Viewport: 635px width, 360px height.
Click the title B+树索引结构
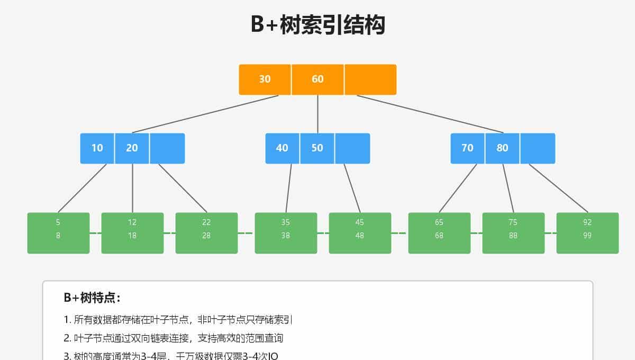coord(317,25)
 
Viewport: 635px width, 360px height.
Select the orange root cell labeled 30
coord(265,79)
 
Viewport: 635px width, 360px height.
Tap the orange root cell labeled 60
coord(317,79)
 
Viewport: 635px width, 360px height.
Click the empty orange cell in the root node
coord(370,79)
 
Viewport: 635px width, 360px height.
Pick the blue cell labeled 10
coord(97,148)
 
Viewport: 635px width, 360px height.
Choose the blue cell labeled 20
coord(132,148)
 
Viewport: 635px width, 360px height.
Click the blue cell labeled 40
coord(282,148)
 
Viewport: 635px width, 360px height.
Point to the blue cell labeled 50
coord(317,148)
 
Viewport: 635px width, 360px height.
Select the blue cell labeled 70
coord(467,148)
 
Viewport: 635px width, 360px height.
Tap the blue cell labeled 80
coord(502,148)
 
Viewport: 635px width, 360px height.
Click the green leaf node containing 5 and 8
coord(58,233)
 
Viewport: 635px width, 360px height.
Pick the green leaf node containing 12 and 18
coord(132,233)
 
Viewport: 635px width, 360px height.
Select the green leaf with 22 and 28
coord(206,233)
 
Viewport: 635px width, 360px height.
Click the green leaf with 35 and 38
coord(286,233)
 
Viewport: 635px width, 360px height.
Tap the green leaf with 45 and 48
coord(360,233)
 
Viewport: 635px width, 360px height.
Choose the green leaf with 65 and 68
coord(439,233)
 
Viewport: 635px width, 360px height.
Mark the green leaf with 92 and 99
coord(587,233)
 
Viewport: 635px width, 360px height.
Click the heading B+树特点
coord(92,298)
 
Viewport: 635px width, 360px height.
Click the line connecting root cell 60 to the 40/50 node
coord(317,114)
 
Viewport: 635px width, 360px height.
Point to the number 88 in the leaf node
coord(513,236)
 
